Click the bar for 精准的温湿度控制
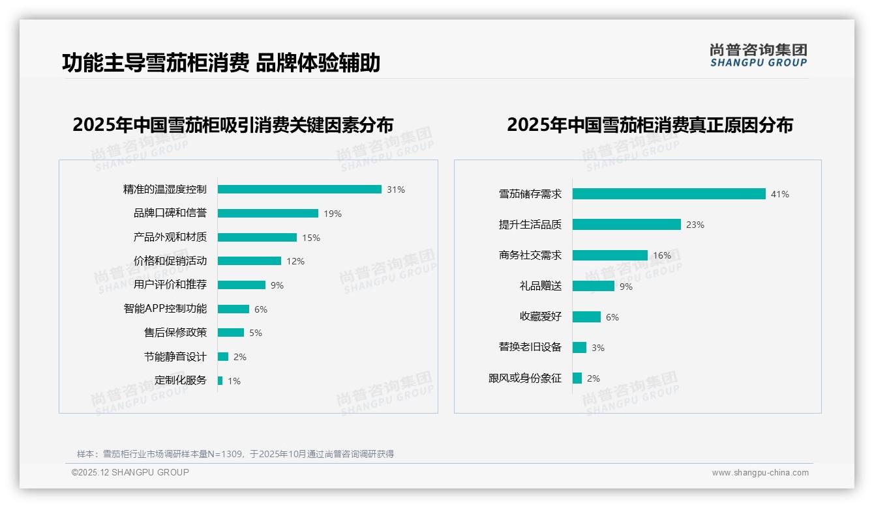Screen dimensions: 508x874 299,190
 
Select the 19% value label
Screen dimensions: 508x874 333,214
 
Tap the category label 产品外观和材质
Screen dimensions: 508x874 170,237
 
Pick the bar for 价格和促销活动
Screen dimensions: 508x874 249,261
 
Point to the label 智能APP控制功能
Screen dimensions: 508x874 165,309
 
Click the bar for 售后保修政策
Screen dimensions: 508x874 231,333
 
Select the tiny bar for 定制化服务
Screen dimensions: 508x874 220,380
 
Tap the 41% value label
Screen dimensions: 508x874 779,194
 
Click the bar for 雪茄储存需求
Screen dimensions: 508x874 669,194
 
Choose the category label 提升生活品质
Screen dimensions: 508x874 530,225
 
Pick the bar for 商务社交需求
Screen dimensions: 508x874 610,255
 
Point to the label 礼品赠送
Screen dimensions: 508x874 541,286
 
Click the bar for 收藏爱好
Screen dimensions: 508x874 586,317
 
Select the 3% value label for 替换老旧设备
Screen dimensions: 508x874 598,348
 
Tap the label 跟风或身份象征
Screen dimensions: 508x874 525,378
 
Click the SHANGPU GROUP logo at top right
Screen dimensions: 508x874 759,55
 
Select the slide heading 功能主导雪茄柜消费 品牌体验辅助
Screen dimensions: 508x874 221,63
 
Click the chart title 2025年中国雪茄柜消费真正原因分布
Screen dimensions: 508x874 650,125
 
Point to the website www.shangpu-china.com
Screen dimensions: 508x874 760,473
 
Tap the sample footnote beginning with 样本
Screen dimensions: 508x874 235,454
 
